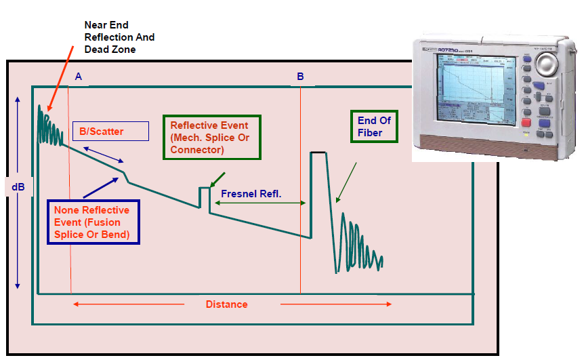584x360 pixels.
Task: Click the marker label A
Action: tap(79, 77)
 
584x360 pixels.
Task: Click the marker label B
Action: tap(300, 77)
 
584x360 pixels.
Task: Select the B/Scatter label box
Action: tap(110, 131)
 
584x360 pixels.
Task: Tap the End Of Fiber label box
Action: tap(374, 126)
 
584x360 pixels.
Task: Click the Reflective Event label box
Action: tap(209, 138)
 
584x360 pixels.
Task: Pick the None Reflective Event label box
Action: tap(93, 222)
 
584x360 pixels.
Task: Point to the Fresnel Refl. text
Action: tap(251, 193)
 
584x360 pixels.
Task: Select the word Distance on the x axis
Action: tap(226, 304)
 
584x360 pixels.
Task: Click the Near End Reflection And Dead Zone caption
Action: tap(119, 37)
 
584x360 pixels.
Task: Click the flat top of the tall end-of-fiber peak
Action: tap(318, 153)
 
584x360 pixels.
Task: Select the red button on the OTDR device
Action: tap(526, 123)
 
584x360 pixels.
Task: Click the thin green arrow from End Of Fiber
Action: tap(346, 182)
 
